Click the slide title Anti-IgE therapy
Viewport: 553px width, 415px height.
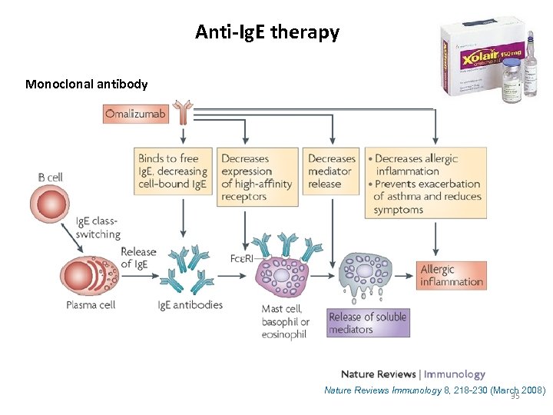[x=267, y=32]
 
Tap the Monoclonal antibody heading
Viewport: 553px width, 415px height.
[x=86, y=84]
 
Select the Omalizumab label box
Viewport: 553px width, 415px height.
[x=135, y=114]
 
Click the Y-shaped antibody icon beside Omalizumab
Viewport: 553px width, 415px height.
[x=183, y=112]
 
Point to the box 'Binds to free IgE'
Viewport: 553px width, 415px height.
[x=173, y=178]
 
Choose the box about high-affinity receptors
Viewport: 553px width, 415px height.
[x=257, y=178]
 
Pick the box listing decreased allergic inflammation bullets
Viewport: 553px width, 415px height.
[x=426, y=183]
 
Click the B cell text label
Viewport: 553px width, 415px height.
[x=50, y=177]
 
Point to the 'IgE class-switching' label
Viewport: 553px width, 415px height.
[x=98, y=227]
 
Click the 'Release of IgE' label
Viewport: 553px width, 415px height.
[x=138, y=258]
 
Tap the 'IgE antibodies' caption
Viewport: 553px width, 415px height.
[x=190, y=305]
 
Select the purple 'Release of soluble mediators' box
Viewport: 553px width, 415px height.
[x=367, y=323]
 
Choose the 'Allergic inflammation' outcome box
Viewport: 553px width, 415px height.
[x=452, y=276]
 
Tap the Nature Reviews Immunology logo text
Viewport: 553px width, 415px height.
[x=412, y=374]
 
